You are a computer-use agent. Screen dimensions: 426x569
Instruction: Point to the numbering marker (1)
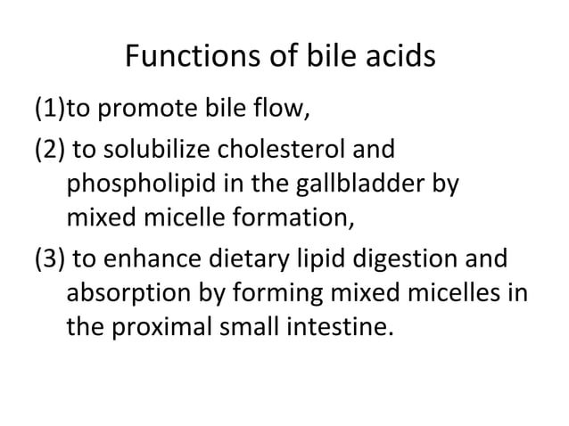click(50, 113)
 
